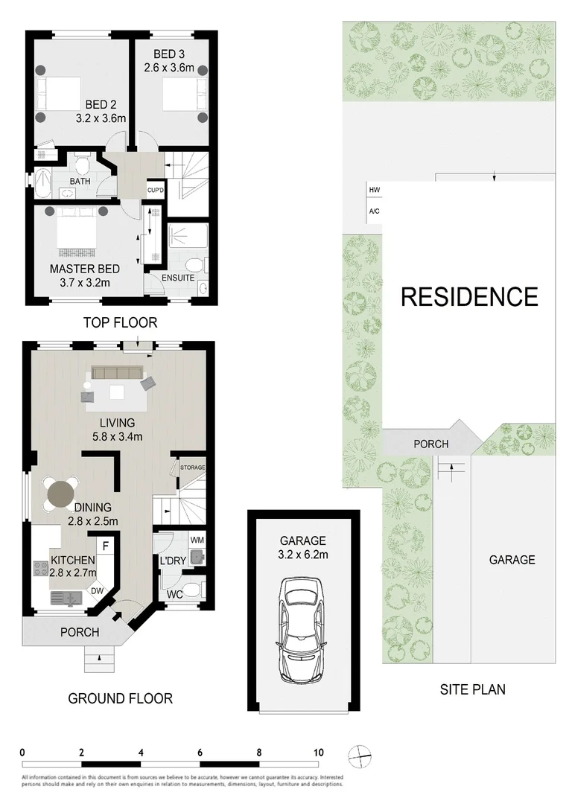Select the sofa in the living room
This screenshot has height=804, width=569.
[119, 373]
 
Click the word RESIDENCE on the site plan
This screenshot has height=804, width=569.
[469, 297]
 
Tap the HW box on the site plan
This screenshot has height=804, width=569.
[374, 191]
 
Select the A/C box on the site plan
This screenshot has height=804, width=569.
[374, 211]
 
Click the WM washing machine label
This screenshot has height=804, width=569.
[197, 539]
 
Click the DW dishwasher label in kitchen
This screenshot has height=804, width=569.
[97, 591]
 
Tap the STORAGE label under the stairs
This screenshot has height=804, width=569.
[191, 468]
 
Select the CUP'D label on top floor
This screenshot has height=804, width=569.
[155, 191]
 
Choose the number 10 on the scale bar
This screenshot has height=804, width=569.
[319, 753]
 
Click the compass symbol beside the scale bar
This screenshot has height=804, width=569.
[360, 755]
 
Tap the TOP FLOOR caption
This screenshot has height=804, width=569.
[120, 322]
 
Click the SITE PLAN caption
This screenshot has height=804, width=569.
[472, 689]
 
